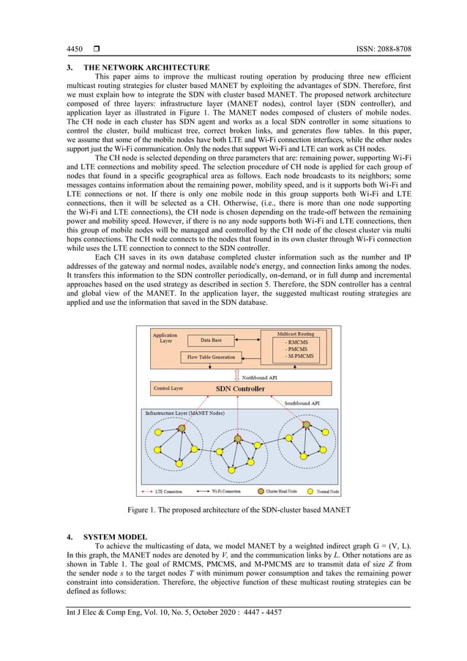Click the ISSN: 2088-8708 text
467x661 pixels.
point(376,49)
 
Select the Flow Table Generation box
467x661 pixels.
point(210,358)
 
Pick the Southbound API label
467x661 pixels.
point(296,403)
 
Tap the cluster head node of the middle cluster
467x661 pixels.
point(237,438)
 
